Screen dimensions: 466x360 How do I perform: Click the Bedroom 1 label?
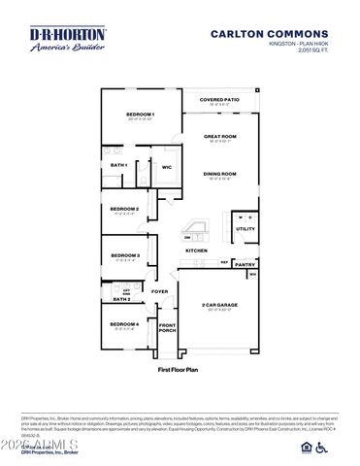(141, 115)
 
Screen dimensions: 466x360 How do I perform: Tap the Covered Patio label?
(218, 100)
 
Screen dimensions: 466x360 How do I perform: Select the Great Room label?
(219, 136)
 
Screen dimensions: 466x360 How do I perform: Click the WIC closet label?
(167, 167)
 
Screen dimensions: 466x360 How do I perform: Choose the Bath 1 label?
(119, 165)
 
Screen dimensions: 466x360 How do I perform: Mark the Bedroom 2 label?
(124, 209)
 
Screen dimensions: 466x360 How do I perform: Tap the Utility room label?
(245, 229)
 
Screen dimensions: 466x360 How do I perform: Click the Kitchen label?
(197, 250)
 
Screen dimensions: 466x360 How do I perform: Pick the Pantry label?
(245, 263)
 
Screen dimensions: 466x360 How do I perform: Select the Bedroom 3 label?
(124, 255)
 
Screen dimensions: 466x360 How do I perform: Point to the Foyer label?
(160, 291)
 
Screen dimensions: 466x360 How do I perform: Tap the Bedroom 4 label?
(124, 323)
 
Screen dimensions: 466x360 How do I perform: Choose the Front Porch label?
(168, 328)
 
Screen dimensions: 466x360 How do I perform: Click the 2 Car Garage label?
(219, 305)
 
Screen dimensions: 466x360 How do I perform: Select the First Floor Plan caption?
(179, 370)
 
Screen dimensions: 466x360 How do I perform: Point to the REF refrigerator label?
(223, 262)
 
